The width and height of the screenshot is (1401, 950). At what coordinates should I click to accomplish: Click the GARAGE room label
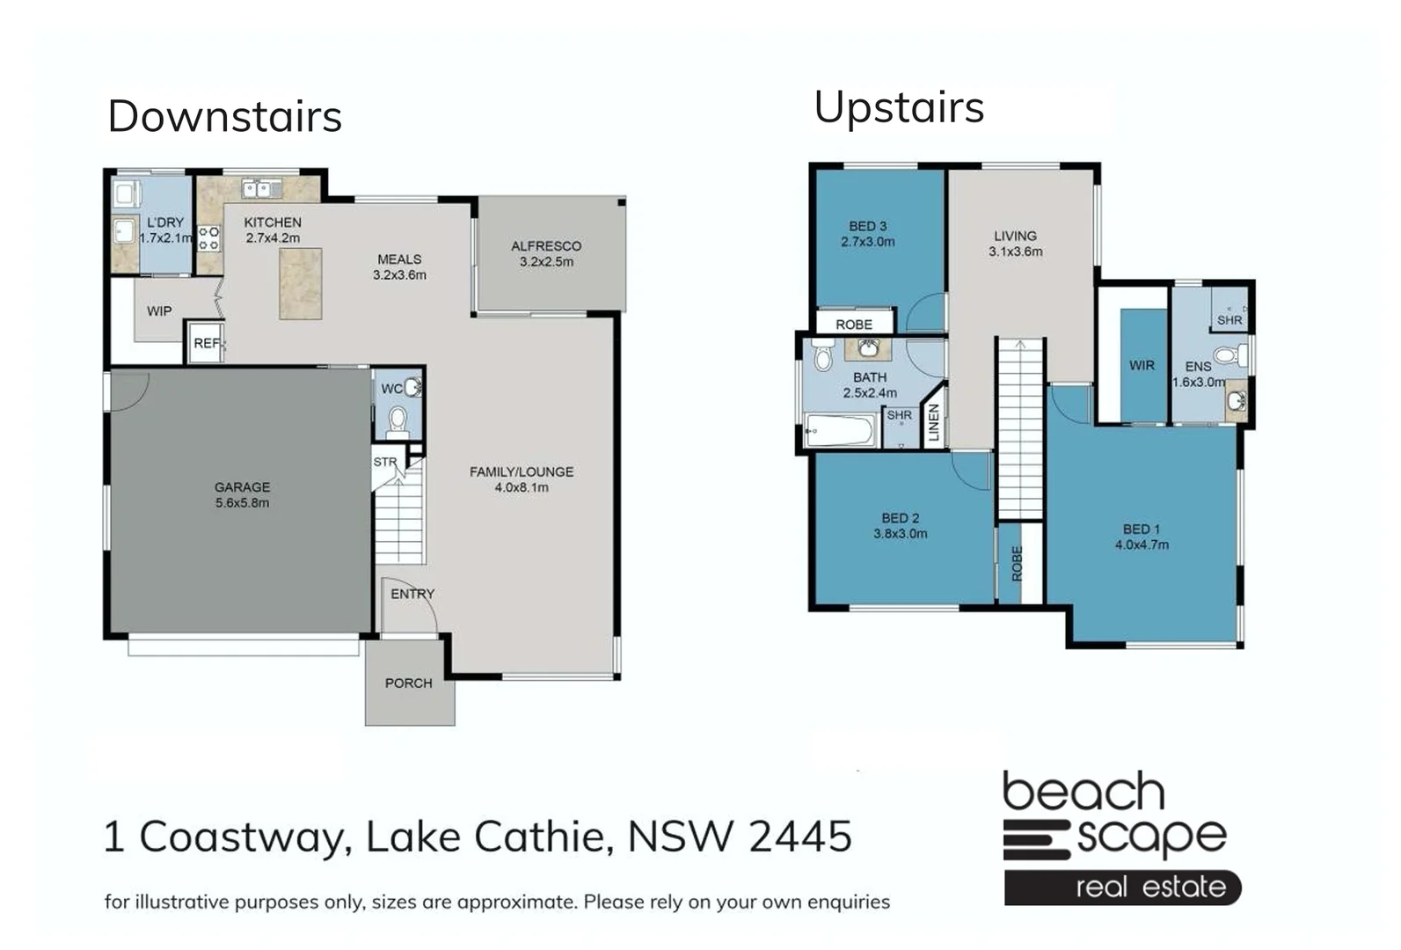click(x=242, y=486)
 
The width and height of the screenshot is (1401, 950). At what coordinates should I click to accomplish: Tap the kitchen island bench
click(x=300, y=283)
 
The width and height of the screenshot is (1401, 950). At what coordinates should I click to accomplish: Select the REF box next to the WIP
click(x=206, y=343)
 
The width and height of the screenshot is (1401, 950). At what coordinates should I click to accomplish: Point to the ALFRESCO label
click(x=546, y=246)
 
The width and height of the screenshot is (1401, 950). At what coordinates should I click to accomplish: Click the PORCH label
click(x=408, y=683)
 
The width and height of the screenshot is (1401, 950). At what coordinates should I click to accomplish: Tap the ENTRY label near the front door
click(x=412, y=594)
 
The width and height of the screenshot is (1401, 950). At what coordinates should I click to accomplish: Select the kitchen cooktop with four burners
click(x=208, y=238)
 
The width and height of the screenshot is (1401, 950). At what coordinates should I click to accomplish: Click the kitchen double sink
click(x=261, y=188)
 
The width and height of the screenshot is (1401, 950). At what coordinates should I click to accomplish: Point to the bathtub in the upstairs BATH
click(x=841, y=431)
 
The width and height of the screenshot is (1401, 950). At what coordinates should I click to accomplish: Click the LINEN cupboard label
click(x=934, y=423)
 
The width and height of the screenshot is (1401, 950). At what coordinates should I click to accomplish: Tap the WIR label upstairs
click(x=1142, y=365)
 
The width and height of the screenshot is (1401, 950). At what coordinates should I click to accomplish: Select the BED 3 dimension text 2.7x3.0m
click(x=867, y=242)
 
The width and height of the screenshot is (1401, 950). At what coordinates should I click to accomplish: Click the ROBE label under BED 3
click(x=853, y=325)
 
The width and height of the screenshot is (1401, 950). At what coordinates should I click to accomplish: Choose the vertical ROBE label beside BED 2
click(x=1018, y=564)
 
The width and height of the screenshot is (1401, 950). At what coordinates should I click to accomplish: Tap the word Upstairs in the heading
click(x=898, y=108)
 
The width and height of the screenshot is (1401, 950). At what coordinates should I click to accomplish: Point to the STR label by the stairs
click(x=384, y=462)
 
